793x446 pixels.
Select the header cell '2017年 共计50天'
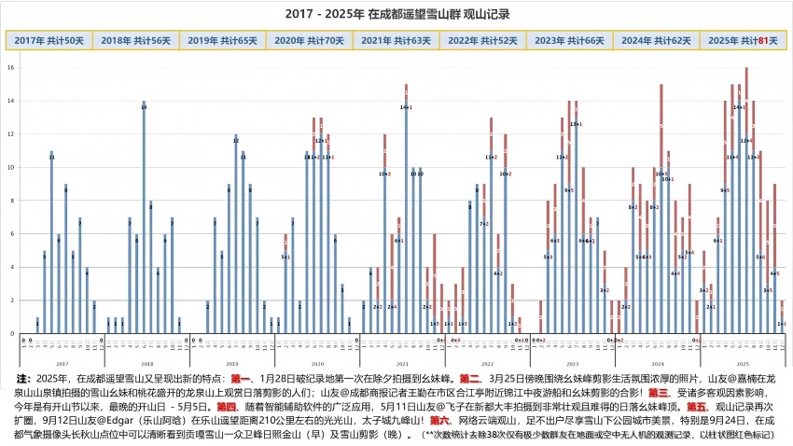[x=49, y=40]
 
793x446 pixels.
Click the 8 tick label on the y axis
[x=10, y=201]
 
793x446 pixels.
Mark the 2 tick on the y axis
[x=10, y=300]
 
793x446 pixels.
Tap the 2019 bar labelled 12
[x=236, y=233]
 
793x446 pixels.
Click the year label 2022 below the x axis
[x=487, y=362]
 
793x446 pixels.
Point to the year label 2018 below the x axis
[x=147, y=362]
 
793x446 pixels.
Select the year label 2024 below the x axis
[x=657, y=362]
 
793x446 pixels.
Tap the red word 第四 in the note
[x=227, y=407]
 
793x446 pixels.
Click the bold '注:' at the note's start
[x=22, y=379]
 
